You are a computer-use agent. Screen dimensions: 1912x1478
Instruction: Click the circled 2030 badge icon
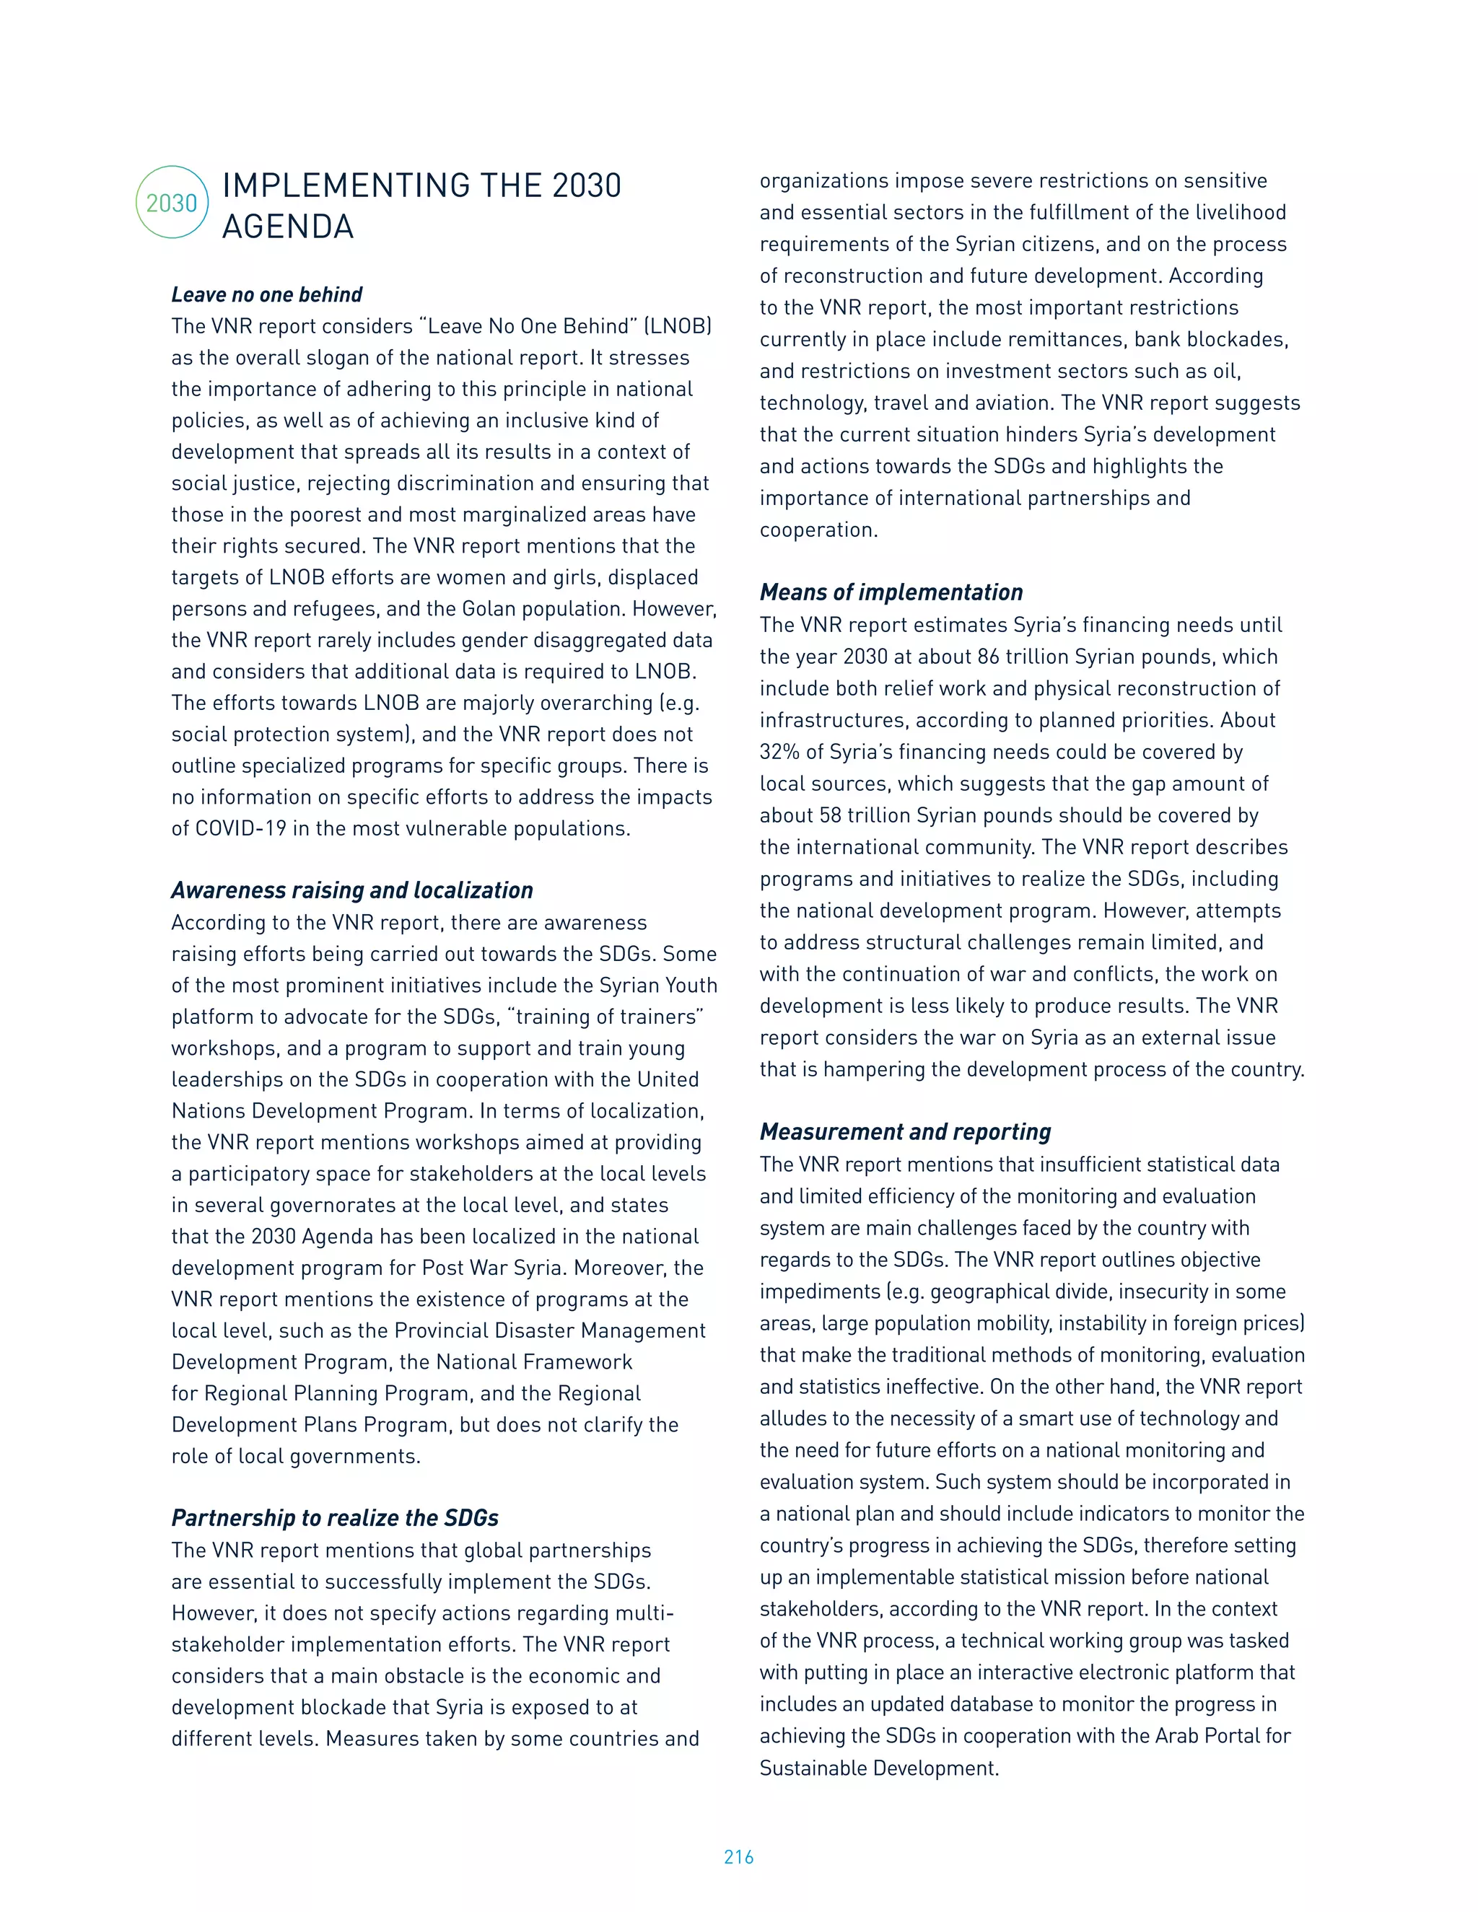[172, 202]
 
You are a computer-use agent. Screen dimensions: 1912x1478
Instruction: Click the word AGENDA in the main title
[287, 227]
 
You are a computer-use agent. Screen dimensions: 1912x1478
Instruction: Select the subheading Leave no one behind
[266, 294]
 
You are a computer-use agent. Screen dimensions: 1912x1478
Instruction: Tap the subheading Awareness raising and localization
[352, 890]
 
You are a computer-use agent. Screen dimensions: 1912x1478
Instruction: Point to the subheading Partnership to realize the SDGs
[334, 1518]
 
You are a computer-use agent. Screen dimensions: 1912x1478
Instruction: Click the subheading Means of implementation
[891, 592]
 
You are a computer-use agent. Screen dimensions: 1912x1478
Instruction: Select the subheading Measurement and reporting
[904, 1132]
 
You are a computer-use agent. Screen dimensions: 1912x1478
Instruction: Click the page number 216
[738, 1858]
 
